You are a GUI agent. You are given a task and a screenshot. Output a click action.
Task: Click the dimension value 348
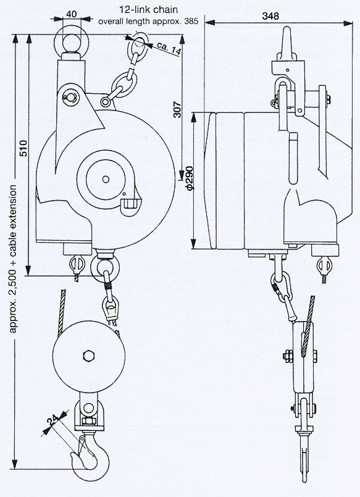tap(270, 16)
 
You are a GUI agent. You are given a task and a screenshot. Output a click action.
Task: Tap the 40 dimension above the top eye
tap(72, 14)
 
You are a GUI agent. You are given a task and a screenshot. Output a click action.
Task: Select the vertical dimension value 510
tap(23, 148)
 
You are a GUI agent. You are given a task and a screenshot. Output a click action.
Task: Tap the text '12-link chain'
tap(149, 9)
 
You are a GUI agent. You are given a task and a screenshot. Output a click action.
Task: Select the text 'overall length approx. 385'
tap(148, 22)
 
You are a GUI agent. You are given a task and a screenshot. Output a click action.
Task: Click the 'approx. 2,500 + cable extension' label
tap(13, 259)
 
